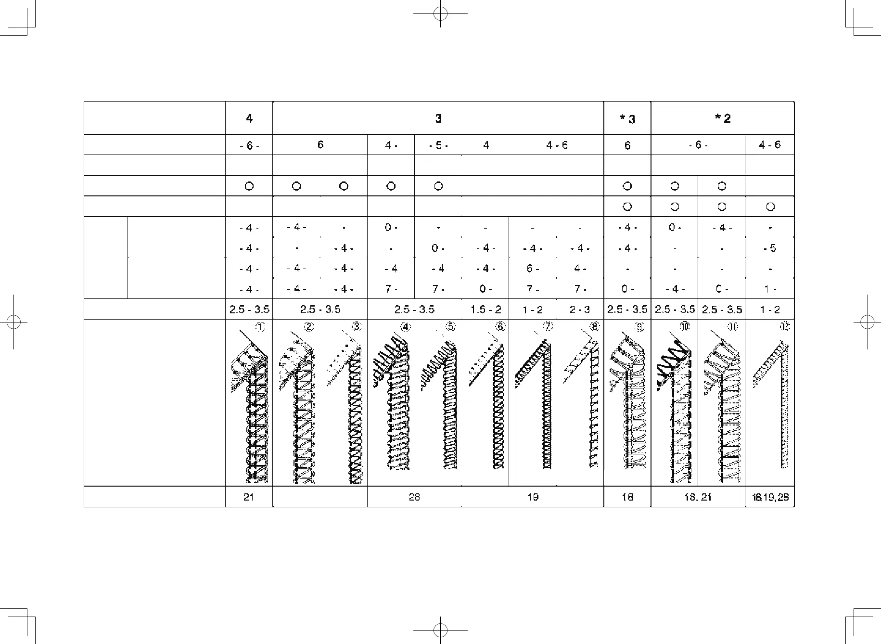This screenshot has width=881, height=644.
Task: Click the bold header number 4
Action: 249,118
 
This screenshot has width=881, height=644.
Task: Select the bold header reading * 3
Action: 627,118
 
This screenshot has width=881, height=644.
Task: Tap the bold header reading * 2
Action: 722,118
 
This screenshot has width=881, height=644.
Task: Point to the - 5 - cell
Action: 438,145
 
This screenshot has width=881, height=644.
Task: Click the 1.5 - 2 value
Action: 485,309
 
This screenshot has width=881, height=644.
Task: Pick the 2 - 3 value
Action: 580,309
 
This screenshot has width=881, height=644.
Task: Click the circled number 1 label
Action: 260,327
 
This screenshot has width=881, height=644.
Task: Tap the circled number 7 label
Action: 548,327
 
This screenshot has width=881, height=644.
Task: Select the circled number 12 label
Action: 785,327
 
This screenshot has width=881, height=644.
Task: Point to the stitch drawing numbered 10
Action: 674,409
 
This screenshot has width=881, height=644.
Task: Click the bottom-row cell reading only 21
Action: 249,497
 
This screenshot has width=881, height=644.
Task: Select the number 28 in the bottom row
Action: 414,497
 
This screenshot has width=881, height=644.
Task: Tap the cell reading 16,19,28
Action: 769,497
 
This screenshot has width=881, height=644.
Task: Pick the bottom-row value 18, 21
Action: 698,497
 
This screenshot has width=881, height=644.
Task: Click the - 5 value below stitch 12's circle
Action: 770,248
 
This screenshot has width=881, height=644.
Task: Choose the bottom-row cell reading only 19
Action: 533,497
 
